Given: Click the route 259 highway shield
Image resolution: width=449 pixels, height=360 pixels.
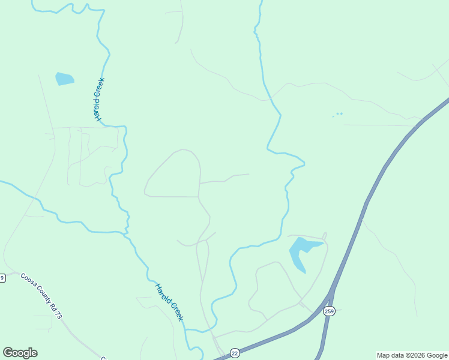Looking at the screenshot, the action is point(329,311).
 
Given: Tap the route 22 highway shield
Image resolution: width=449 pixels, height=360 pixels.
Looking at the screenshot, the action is point(235,353).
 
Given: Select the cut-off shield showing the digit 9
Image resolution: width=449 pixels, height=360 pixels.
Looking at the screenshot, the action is point(2,277).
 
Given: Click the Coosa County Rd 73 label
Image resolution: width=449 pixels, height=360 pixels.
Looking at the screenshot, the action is point(41,296).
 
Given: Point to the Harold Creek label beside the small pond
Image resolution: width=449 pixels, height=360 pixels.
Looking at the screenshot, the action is point(99,99).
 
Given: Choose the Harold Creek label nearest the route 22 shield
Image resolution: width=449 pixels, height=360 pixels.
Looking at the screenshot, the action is point(169,302).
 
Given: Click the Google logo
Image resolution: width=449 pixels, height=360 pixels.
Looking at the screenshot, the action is point(20,353).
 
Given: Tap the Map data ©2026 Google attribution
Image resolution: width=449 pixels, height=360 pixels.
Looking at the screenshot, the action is point(412,355).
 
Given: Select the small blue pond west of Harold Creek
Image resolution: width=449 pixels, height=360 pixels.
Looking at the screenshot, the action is point(64,79).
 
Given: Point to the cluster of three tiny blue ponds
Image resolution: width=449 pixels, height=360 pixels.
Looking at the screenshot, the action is point(338,114).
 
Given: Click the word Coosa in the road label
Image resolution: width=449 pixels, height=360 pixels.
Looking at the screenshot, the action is point(28,281).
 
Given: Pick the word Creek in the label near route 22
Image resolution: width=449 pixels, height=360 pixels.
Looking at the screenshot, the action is point(175,310).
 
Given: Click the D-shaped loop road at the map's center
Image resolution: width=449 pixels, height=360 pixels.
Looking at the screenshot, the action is point(174,174).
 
